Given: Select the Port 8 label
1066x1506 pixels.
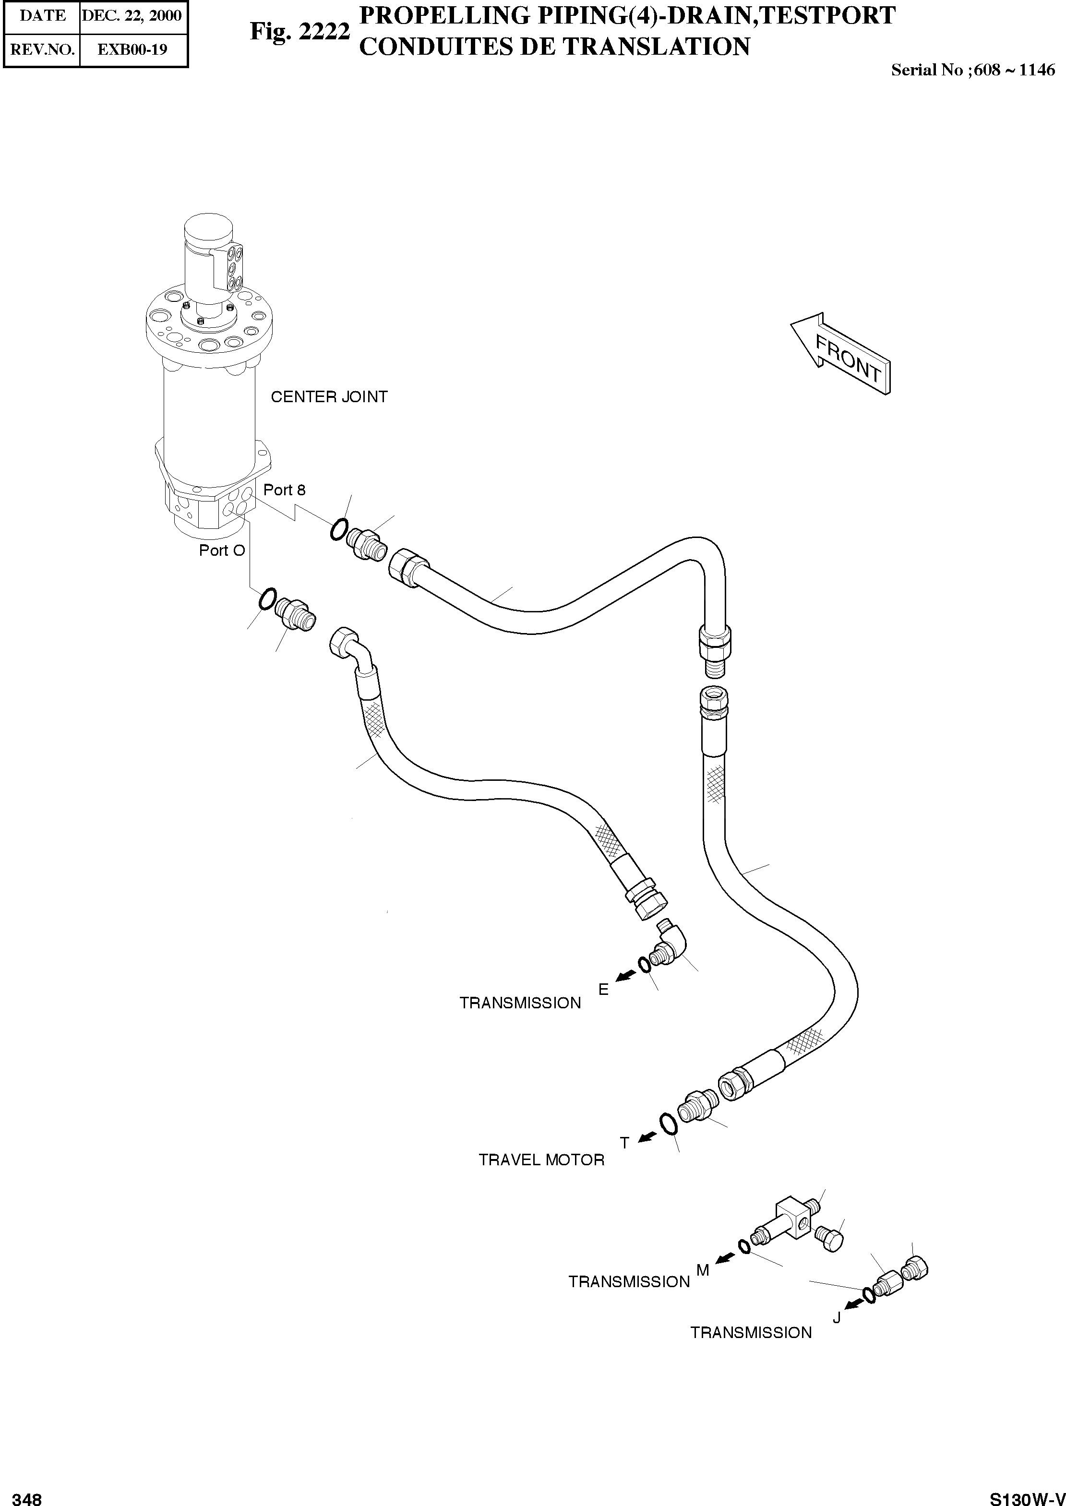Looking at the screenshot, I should [x=284, y=490].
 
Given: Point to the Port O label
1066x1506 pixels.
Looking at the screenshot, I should [x=222, y=550].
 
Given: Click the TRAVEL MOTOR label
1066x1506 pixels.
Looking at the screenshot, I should [x=541, y=1160].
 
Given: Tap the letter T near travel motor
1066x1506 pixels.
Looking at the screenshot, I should [x=624, y=1143].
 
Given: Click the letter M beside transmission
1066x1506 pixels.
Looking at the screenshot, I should [x=702, y=1270].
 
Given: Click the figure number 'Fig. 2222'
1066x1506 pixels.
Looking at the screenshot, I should [x=299, y=31].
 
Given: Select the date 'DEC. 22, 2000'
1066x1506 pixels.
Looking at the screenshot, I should [x=132, y=15].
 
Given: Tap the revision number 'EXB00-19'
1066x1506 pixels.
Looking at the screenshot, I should [x=132, y=49].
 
